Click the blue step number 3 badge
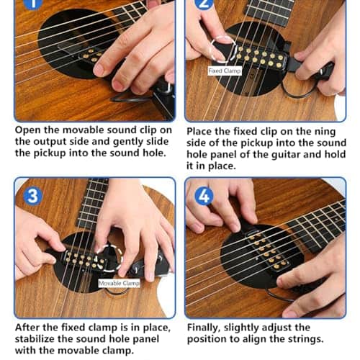(33, 196)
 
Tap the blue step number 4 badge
(204, 197)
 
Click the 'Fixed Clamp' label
(225, 71)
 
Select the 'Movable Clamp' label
(119, 284)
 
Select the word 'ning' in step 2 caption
(325, 132)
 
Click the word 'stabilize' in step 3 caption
(35, 338)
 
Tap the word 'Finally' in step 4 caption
(204, 328)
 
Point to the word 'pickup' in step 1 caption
(50, 153)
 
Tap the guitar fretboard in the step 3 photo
(92, 204)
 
